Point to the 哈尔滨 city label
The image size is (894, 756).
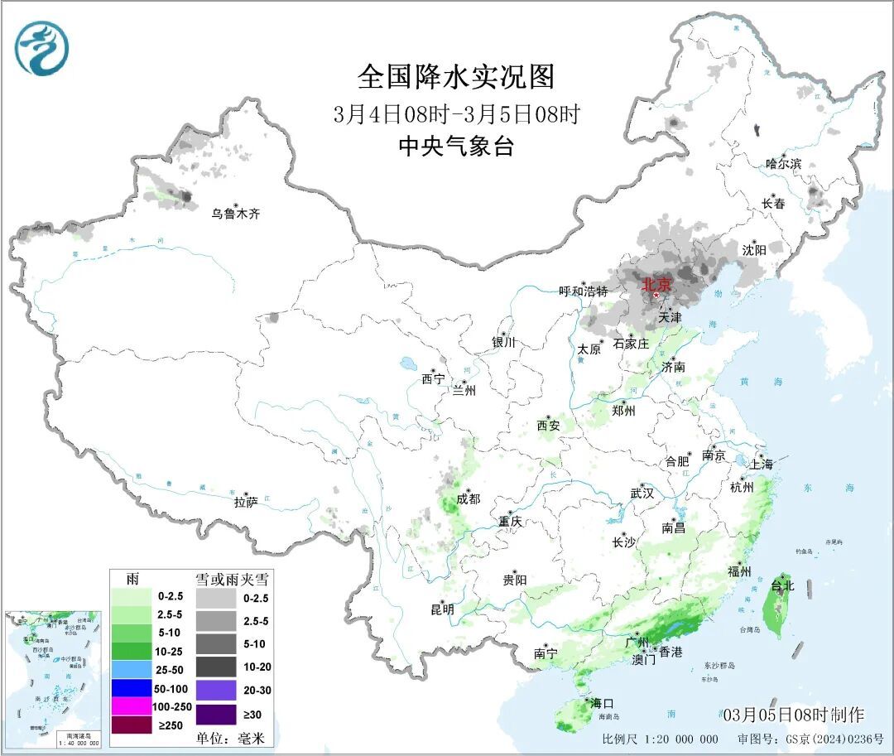[783, 164]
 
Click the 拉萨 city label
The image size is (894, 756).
[247, 501]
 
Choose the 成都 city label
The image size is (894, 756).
[468, 498]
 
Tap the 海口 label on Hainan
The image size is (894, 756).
[602, 703]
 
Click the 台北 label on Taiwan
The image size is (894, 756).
[781, 585]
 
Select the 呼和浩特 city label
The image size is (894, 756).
[583, 291]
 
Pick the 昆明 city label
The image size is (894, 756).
[442, 609]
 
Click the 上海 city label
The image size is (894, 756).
[761, 465]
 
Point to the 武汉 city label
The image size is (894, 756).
[642, 493]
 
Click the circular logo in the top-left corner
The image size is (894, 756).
[41, 47]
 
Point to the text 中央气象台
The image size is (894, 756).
[456, 147]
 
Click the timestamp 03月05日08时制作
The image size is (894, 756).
[792, 715]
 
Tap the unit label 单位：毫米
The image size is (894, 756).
[226, 738]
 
